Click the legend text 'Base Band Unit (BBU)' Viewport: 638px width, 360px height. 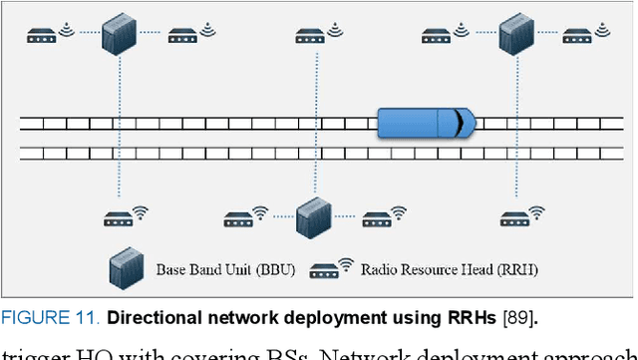click(221, 269)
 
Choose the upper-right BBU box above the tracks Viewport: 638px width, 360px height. click(515, 35)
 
